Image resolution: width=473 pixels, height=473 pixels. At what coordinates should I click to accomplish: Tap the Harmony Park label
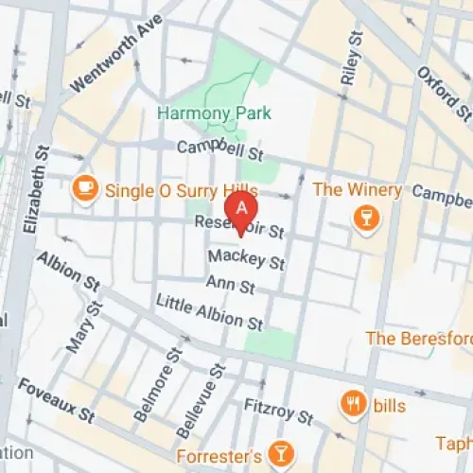[214, 114]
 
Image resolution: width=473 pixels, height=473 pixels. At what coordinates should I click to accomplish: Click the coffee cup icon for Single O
[86, 187]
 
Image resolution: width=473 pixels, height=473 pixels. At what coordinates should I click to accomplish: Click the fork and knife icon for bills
[354, 403]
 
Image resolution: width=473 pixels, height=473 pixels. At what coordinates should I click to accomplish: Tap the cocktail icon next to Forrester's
[280, 454]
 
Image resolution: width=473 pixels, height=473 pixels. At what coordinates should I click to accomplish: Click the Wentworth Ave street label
[104, 61]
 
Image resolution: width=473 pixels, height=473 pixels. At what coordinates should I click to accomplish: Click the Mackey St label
[247, 259]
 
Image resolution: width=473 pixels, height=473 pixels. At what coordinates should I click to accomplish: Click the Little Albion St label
[209, 312]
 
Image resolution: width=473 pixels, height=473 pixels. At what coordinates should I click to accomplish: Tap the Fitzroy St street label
[278, 410]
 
